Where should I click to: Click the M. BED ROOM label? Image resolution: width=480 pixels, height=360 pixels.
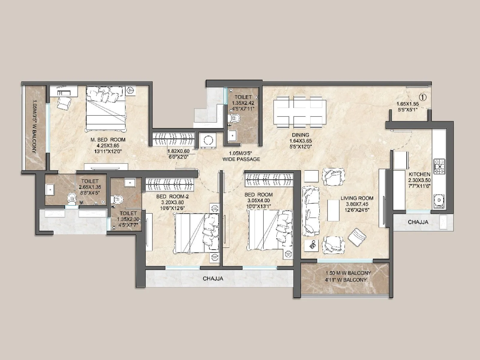click(x=108, y=140)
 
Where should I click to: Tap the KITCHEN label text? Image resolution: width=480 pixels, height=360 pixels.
click(x=419, y=174)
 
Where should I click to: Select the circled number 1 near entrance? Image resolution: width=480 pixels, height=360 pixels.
click(x=423, y=97)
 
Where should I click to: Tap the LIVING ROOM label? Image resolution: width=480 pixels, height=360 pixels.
click(x=357, y=198)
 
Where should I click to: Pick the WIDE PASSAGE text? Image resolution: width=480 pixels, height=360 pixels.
click(x=241, y=159)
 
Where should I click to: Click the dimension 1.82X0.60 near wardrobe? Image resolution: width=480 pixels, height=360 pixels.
click(x=178, y=151)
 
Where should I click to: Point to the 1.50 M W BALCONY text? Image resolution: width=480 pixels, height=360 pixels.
click(x=348, y=273)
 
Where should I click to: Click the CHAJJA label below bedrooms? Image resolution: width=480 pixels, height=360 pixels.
click(x=213, y=278)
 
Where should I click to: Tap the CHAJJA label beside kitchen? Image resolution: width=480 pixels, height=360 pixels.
click(x=418, y=222)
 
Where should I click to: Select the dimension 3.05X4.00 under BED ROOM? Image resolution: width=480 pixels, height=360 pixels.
click(x=258, y=200)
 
